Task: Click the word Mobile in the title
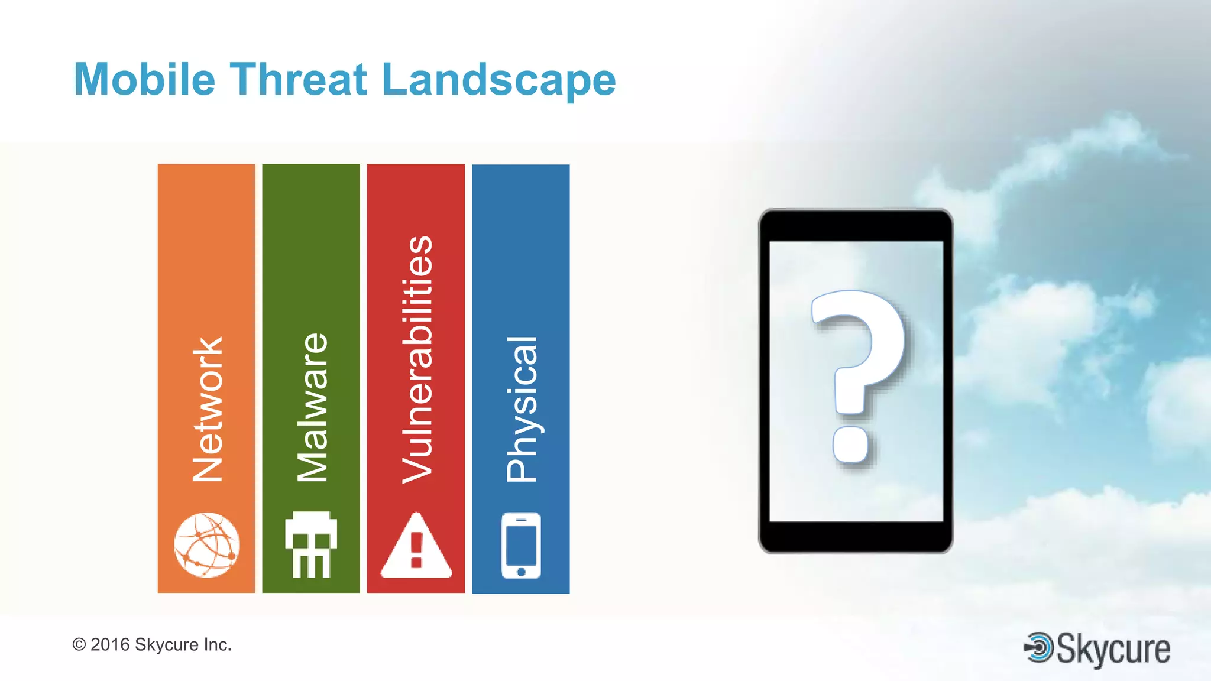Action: click(144, 79)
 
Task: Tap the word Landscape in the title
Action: click(498, 80)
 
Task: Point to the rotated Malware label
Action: click(312, 407)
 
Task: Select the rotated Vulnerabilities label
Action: click(417, 359)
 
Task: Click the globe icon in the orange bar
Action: click(207, 545)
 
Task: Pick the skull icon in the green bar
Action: click(311, 544)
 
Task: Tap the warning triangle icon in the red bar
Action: click(416, 546)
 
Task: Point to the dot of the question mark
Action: click(851, 445)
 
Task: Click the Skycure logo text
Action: click(1113, 649)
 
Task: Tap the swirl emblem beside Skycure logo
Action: click(1039, 647)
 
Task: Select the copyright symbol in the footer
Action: click(79, 644)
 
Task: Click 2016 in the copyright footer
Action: click(110, 644)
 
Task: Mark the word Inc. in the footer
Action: click(217, 644)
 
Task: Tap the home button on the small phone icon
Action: click(521, 572)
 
